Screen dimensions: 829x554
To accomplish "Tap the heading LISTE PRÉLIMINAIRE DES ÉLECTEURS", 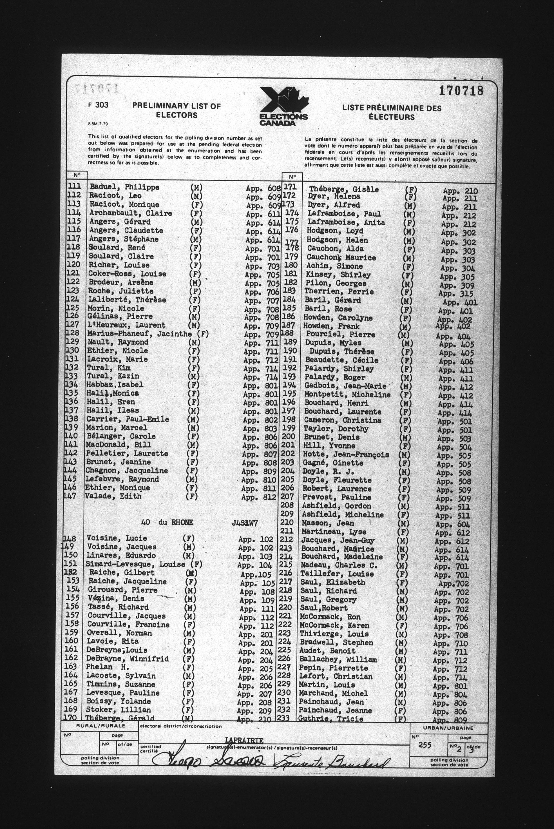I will click(x=392, y=112).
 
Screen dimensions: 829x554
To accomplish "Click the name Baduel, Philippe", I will click(x=124, y=187).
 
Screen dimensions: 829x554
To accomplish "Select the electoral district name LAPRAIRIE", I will click(x=244, y=740).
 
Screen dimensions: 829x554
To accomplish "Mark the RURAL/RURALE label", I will click(x=101, y=726).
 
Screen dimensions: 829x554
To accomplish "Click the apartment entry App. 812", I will click(x=259, y=497).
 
